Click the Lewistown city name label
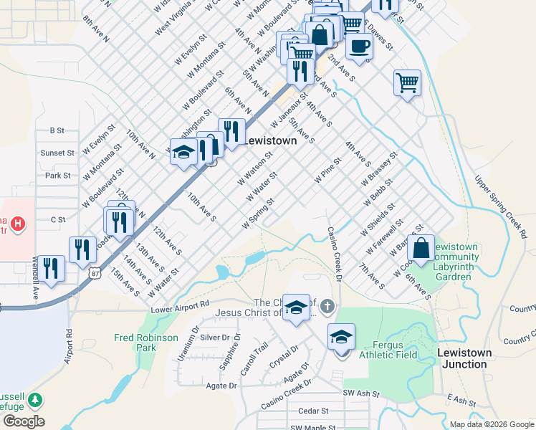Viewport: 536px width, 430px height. [270, 141]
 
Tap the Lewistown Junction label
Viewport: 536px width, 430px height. [465, 358]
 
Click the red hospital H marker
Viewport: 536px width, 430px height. [17, 224]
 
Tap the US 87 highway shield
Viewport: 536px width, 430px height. [95, 273]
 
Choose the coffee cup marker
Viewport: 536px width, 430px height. [359, 47]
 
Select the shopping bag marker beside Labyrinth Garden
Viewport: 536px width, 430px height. [422, 248]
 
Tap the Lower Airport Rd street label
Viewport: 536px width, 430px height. [180, 306]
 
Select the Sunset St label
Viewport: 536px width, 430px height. [57, 153]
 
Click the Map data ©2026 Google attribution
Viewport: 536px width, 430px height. [492, 424]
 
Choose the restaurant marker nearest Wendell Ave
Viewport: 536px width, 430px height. [50, 269]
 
